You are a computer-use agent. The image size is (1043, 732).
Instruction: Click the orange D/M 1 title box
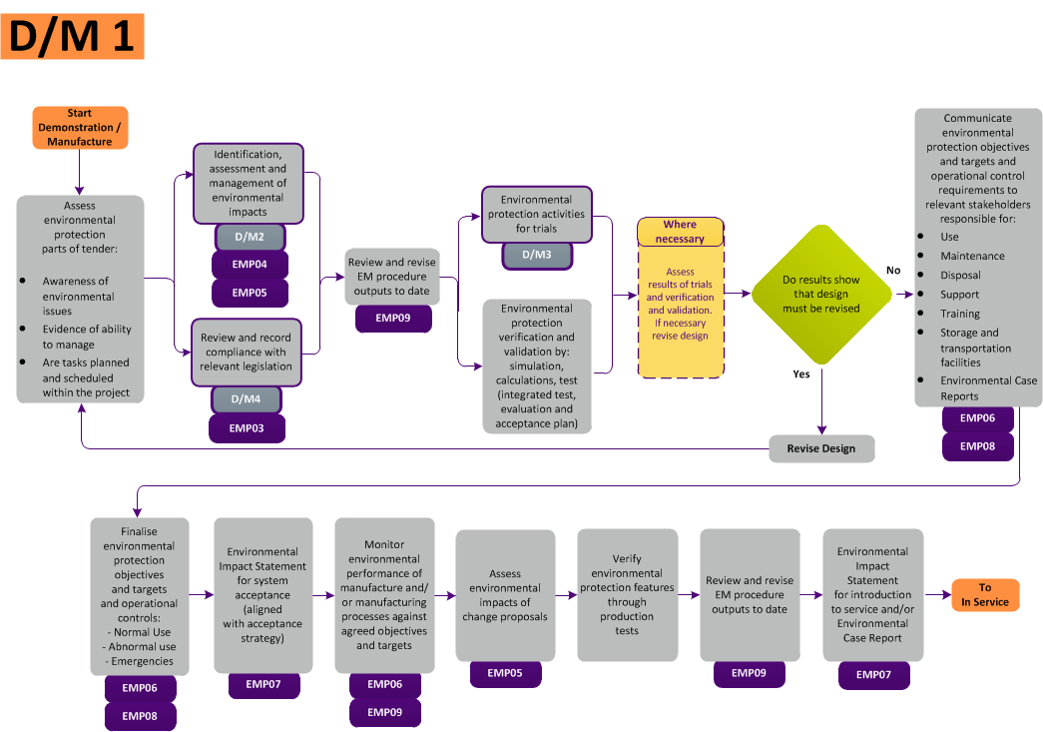72,37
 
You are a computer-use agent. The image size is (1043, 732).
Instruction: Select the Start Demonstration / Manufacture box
80,127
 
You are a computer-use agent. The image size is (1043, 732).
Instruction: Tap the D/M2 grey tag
250,237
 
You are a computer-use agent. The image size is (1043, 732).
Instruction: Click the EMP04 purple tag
250,265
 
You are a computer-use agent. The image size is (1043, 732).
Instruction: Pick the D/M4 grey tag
247,399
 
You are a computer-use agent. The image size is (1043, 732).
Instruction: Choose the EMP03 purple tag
247,428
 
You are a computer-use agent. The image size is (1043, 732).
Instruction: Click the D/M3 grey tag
537,256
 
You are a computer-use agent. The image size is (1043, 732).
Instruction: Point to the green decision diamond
820,295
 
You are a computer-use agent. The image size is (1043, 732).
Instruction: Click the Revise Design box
821,448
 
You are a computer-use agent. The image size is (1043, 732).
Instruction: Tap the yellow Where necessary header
680,232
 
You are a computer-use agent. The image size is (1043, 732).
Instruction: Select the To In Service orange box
985,595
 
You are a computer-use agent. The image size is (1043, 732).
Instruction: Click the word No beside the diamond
893,271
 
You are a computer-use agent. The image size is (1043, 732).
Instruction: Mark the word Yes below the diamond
800,374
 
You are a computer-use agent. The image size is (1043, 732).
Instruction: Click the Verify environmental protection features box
627,595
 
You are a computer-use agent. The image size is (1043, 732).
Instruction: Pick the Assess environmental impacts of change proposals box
505,595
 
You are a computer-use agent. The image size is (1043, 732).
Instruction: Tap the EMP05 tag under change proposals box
505,673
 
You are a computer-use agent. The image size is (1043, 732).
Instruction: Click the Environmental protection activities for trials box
537,214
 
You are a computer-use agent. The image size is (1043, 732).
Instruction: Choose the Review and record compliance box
247,352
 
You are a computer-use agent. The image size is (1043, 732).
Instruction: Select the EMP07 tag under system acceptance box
263,684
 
